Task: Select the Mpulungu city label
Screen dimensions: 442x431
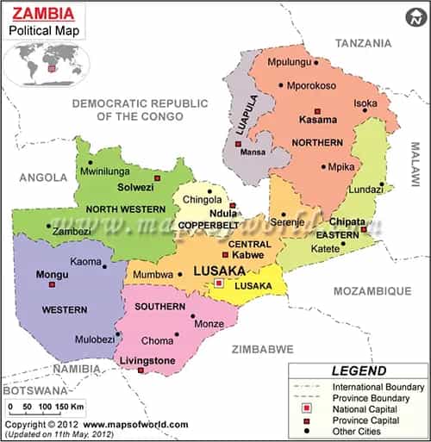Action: click(291, 63)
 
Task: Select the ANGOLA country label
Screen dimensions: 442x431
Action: click(42, 177)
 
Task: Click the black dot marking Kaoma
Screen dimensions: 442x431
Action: click(105, 266)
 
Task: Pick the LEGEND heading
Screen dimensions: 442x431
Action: click(358, 371)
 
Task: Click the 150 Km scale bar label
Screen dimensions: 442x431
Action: click(66, 405)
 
